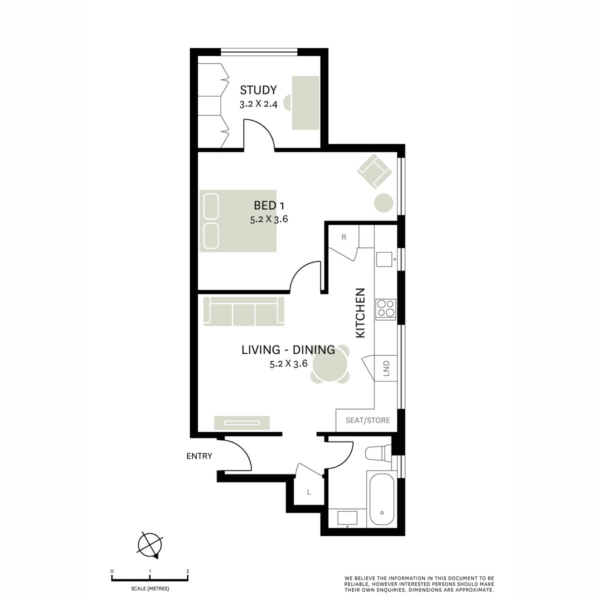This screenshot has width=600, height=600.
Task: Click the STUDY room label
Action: [x=258, y=90]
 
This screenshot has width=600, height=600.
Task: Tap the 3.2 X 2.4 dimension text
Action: [x=258, y=105]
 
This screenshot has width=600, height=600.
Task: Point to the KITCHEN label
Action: [x=360, y=313]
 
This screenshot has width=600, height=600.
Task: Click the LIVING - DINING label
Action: [x=288, y=350]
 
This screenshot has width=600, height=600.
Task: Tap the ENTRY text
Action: [x=199, y=456]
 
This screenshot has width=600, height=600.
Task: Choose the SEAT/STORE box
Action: [x=367, y=420]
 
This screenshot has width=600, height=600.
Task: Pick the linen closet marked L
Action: [x=308, y=492]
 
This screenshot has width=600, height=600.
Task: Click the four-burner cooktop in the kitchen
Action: [x=385, y=308]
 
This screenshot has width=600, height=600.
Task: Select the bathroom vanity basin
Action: [x=346, y=517]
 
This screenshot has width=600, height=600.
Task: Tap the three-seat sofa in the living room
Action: [x=244, y=312]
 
